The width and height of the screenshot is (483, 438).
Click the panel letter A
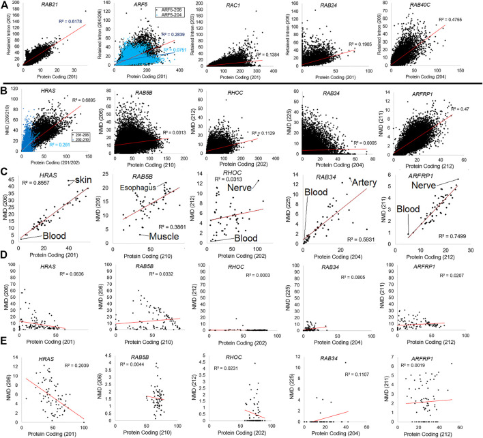pos(5,5)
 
